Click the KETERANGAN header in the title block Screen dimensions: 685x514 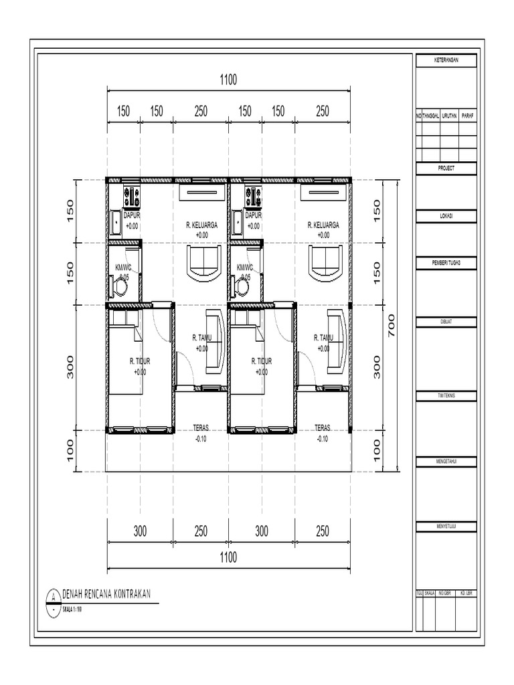coord(446,61)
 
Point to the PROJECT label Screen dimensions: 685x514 coord(446,169)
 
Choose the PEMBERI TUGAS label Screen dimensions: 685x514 coord(446,264)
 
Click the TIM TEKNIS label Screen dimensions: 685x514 coord(446,397)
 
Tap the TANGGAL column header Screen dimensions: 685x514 coord(430,116)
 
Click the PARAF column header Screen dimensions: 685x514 coord(467,116)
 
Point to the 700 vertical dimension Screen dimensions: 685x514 coord(392,324)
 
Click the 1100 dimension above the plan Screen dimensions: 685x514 coord(228,80)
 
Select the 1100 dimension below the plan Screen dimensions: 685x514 coord(228,557)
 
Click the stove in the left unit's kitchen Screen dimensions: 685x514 coord(131,197)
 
